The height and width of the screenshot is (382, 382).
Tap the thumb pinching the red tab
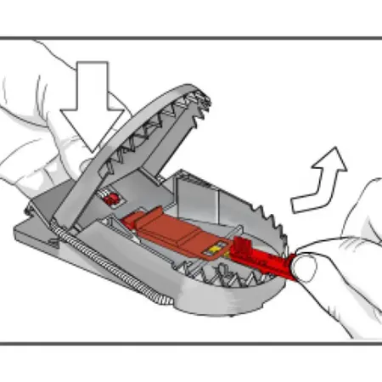[x=306, y=270]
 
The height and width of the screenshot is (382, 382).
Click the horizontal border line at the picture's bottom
[x=191, y=344]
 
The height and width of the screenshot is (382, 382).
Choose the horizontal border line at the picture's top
[x=191, y=37]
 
